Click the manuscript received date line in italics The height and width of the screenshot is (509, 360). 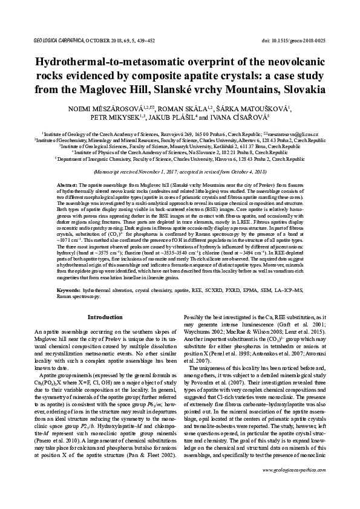(180, 172)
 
